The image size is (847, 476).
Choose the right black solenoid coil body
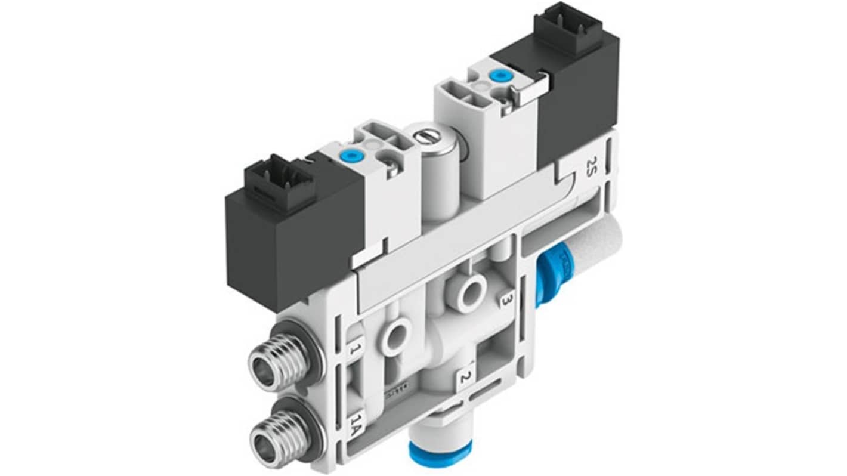point(576,89)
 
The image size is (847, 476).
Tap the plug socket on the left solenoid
point(279,183)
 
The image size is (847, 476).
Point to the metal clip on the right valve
point(530,89)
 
